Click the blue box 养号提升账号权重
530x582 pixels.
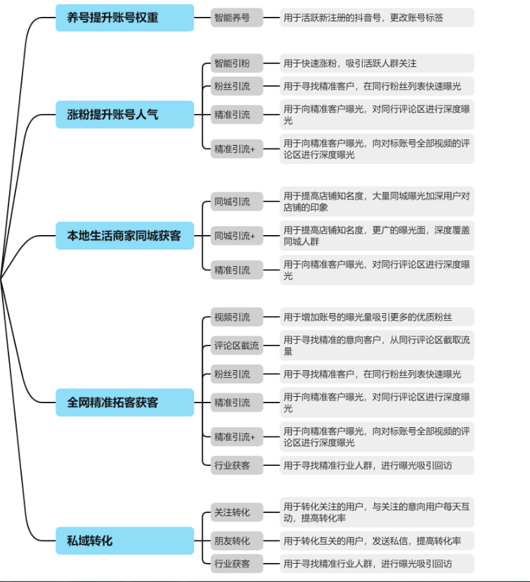[x=124, y=18]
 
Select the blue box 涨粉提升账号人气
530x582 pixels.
[x=124, y=114]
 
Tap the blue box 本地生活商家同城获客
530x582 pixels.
[x=124, y=236]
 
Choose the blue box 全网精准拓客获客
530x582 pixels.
[x=124, y=403]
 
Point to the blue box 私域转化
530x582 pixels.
[x=124, y=540]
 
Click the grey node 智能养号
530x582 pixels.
[x=237, y=18]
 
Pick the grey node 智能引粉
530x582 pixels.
[x=237, y=63]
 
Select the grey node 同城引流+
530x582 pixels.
[x=237, y=236]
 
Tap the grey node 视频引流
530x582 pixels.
[x=237, y=317]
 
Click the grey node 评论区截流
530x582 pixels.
[x=237, y=346]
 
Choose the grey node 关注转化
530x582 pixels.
[x=237, y=512]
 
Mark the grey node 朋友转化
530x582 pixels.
[x=237, y=540]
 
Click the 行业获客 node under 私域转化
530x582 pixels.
[x=237, y=564]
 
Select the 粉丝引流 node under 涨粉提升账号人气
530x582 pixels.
[x=237, y=86]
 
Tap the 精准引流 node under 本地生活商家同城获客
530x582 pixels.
[x=237, y=270]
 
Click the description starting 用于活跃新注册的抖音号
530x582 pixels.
[x=377, y=18]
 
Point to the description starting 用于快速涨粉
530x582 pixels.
[x=377, y=63]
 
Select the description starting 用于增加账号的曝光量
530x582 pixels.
[x=377, y=317]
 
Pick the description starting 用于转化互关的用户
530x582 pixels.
[x=377, y=540]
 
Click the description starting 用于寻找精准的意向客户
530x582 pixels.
[x=377, y=346]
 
